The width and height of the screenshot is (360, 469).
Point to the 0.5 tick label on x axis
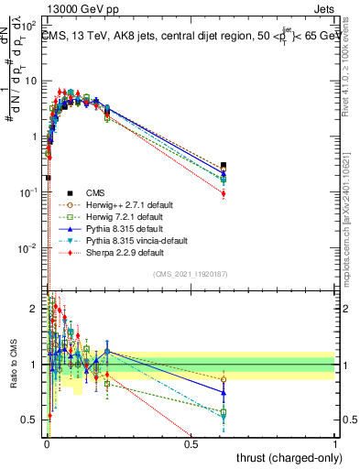(191, 444)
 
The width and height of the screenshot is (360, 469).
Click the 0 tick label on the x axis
(47, 444)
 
